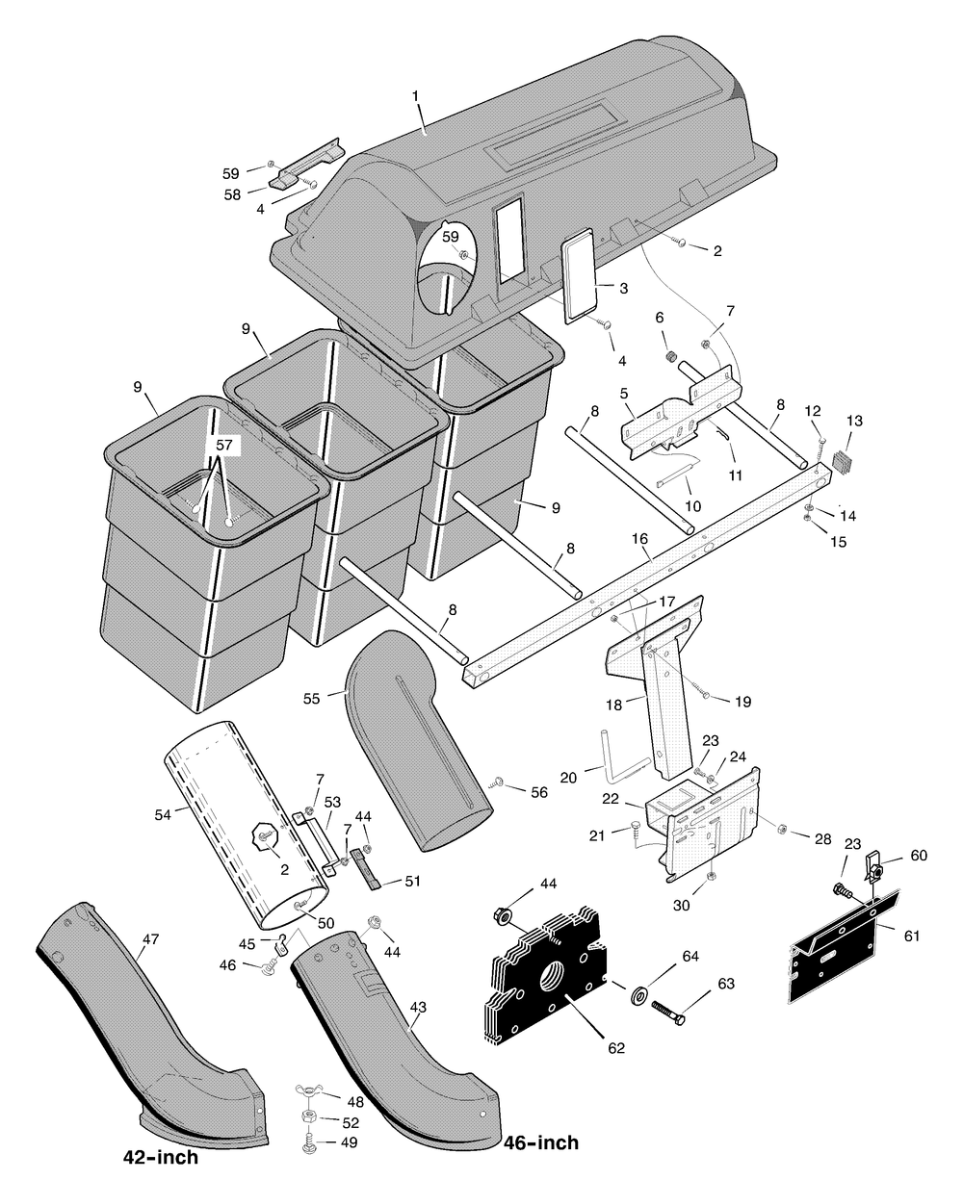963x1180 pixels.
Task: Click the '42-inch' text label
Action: [x=161, y=1157]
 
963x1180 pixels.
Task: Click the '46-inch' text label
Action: [x=541, y=1142]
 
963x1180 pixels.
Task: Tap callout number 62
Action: [x=616, y=1048]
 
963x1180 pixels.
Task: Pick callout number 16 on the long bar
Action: [x=640, y=539]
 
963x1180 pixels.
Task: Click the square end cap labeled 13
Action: [x=840, y=460]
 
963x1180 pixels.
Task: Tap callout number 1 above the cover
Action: [x=415, y=96]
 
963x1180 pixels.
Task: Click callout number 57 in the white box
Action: [x=224, y=445]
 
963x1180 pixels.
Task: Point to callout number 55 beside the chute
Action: [x=311, y=698]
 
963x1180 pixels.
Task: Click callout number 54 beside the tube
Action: [x=163, y=815]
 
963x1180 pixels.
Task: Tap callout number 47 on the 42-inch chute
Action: [x=151, y=938]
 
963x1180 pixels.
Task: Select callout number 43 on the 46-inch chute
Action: [x=418, y=1007]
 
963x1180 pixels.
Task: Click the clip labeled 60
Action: [x=875, y=865]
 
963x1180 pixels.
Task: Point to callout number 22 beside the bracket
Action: [x=611, y=799]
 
